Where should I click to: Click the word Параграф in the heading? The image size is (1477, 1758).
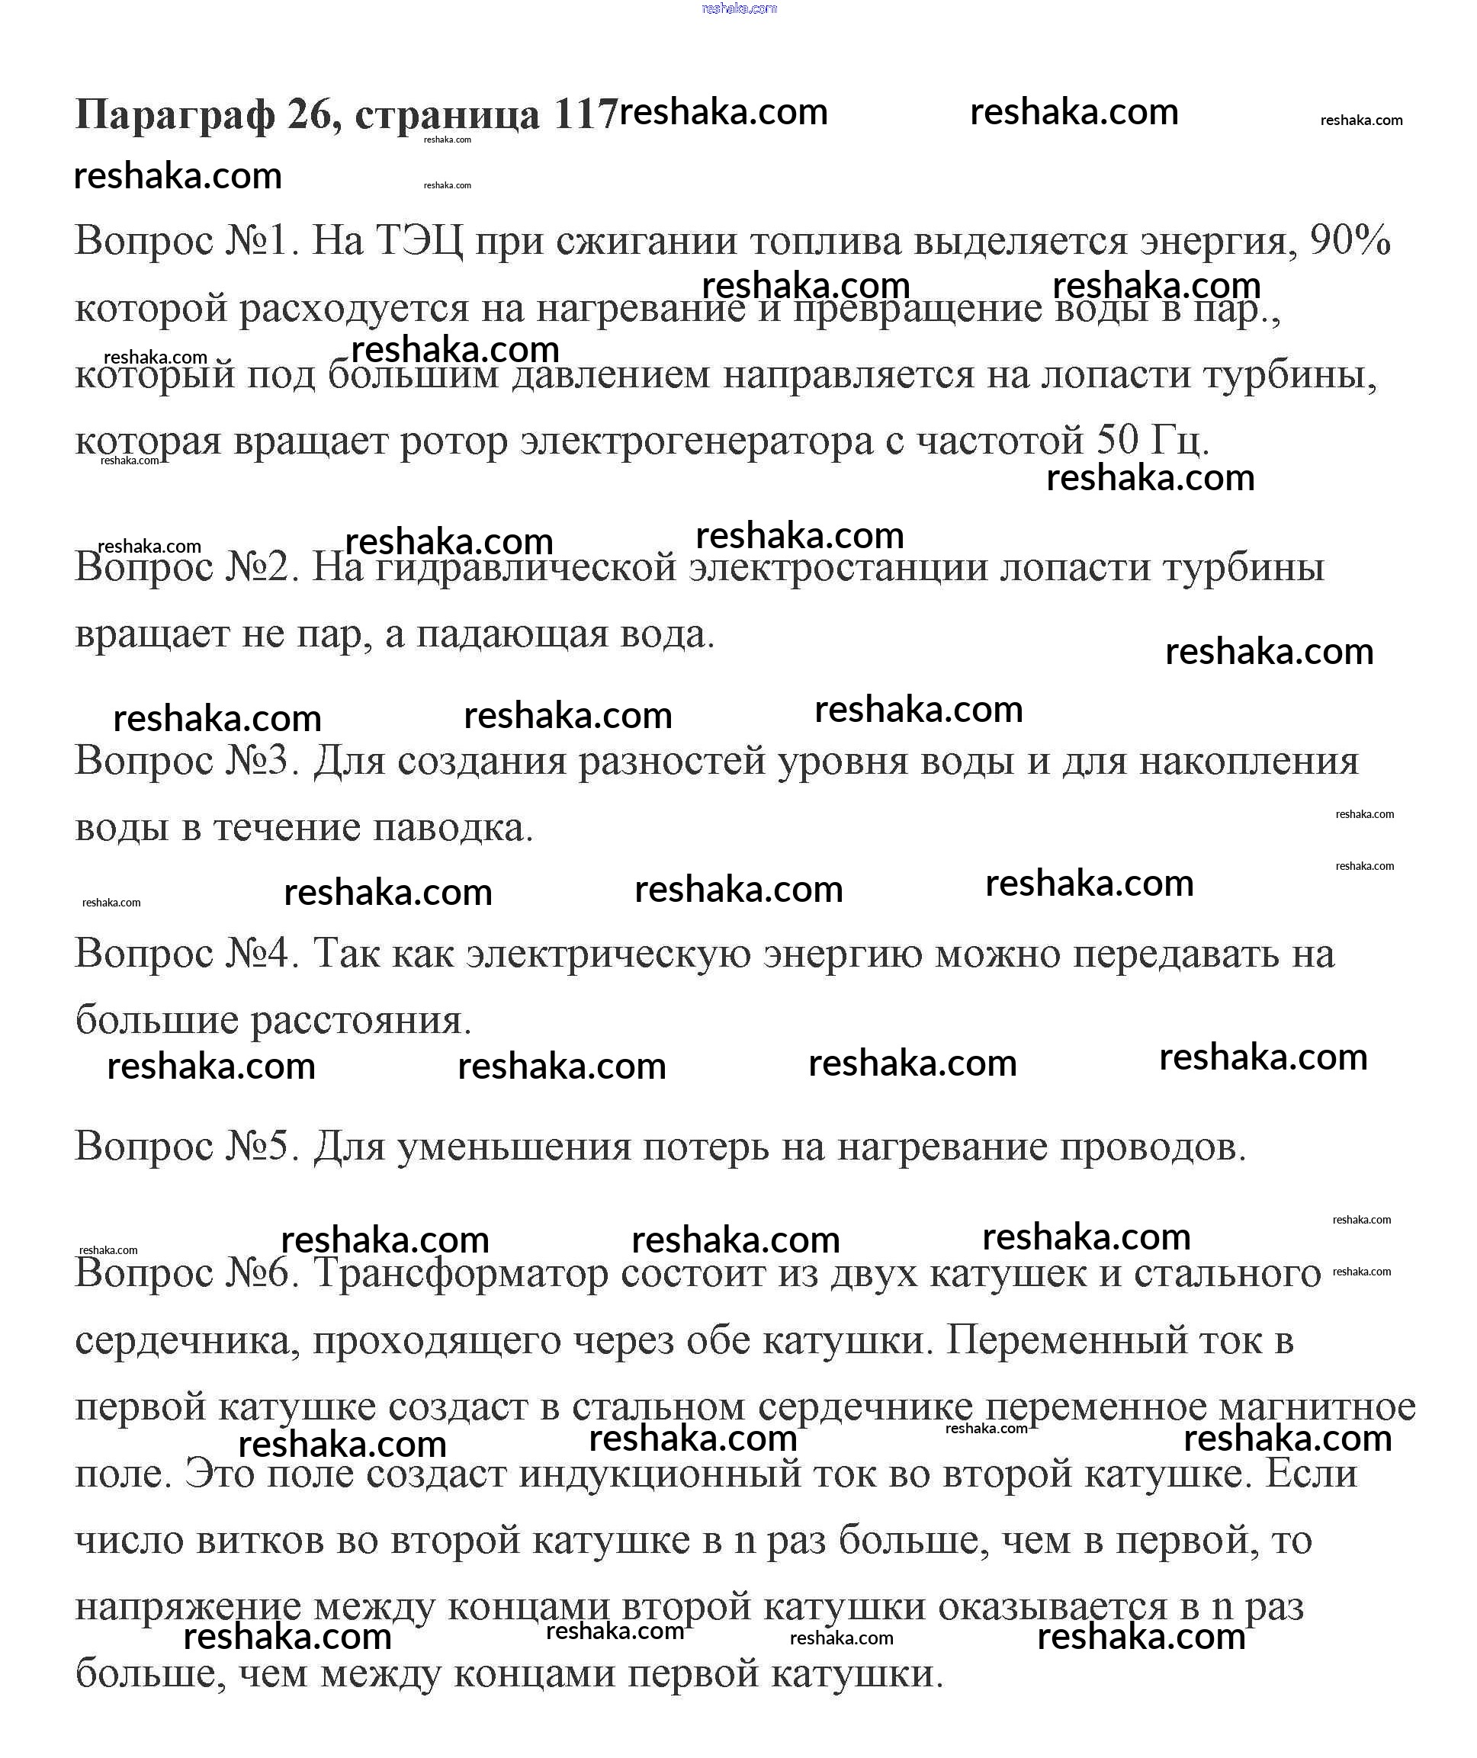point(174,114)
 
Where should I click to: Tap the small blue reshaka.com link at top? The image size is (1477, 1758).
point(738,8)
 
